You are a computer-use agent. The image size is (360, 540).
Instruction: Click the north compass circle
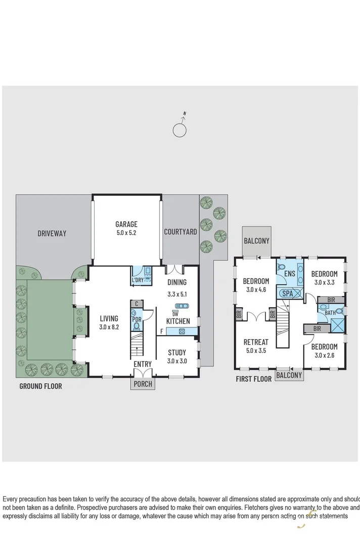pyautogui.click(x=179, y=130)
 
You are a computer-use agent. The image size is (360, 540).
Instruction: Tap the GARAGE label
pyautogui.click(x=126, y=224)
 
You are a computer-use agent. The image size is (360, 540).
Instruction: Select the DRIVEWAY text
pyautogui.click(x=52, y=233)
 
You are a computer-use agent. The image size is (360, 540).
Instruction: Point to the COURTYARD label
pyautogui.click(x=180, y=232)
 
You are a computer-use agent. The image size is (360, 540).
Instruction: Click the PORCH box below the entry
pyautogui.click(x=142, y=384)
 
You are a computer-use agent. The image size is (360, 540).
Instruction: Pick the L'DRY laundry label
pyautogui.click(x=138, y=279)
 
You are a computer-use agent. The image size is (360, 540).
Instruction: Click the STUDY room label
pyautogui.click(x=177, y=352)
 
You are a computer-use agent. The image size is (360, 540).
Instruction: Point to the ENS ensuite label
pyautogui.click(x=290, y=274)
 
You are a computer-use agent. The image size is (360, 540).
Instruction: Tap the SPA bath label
pyautogui.click(x=287, y=293)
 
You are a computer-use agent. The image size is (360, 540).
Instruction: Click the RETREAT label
pyautogui.click(x=256, y=342)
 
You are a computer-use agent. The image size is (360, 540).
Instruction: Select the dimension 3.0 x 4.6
pyautogui.click(x=256, y=289)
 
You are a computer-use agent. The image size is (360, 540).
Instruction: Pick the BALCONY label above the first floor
pyautogui.click(x=256, y=241)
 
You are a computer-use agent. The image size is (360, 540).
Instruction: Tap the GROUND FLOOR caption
pyautogui.click(x=40, y=386)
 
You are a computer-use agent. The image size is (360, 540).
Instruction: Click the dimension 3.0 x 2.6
pyautogui.click(x=324, y=355)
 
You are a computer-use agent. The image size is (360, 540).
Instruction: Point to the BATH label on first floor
pyautogui.click(x=330, y=313)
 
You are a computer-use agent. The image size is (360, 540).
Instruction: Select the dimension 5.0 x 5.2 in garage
pyautogui.click(x=126, y=233)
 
